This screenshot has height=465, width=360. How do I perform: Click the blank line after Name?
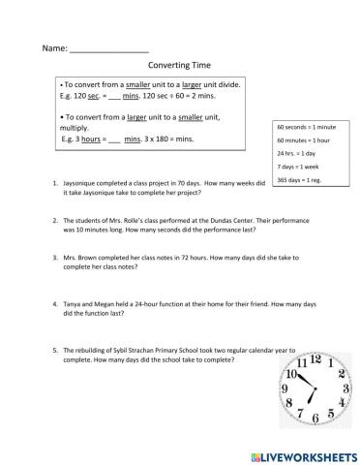(x=109, y=47)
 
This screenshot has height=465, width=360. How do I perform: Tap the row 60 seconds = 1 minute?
(x=306, y=127)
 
